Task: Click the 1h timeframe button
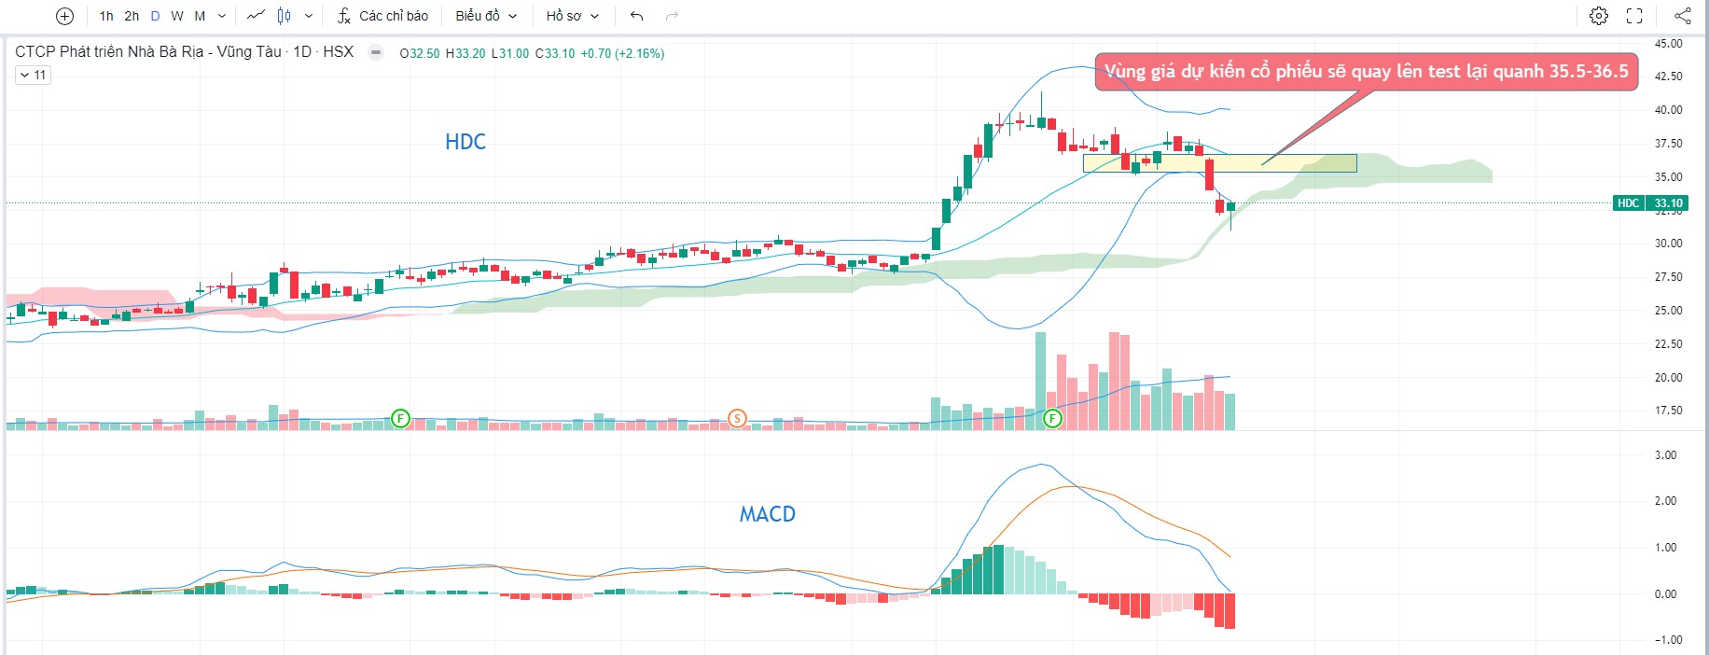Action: [x=106, y=16]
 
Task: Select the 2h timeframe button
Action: [x=132, y=16]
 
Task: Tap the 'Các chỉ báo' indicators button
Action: [x=382, y=16]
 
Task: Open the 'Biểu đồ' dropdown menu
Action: [x=486, y=16]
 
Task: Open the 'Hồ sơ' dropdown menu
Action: [x=572, y=16]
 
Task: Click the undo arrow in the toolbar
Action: [x=637, y=16]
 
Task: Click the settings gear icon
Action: [x=1599, y=16]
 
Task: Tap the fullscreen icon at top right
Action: [x=1634, y=16]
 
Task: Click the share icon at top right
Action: [x=1682, y=16]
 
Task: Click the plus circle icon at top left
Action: [x=64, y=16]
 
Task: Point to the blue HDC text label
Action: [x=465, y=142]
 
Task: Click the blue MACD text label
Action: [x=767, y=514]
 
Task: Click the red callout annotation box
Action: [x=1366, y=72]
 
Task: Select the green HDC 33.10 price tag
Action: [x=1650, y=203]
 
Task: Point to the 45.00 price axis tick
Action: [x=1668, y=44]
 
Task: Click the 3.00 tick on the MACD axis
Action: [x=1665, y=455]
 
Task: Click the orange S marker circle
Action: [x=737, y=418]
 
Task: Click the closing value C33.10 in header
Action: [x=555, y=53]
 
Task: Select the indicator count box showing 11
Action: [x=33, y=75]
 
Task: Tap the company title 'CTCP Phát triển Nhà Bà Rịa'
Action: [x=148, y=51]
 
